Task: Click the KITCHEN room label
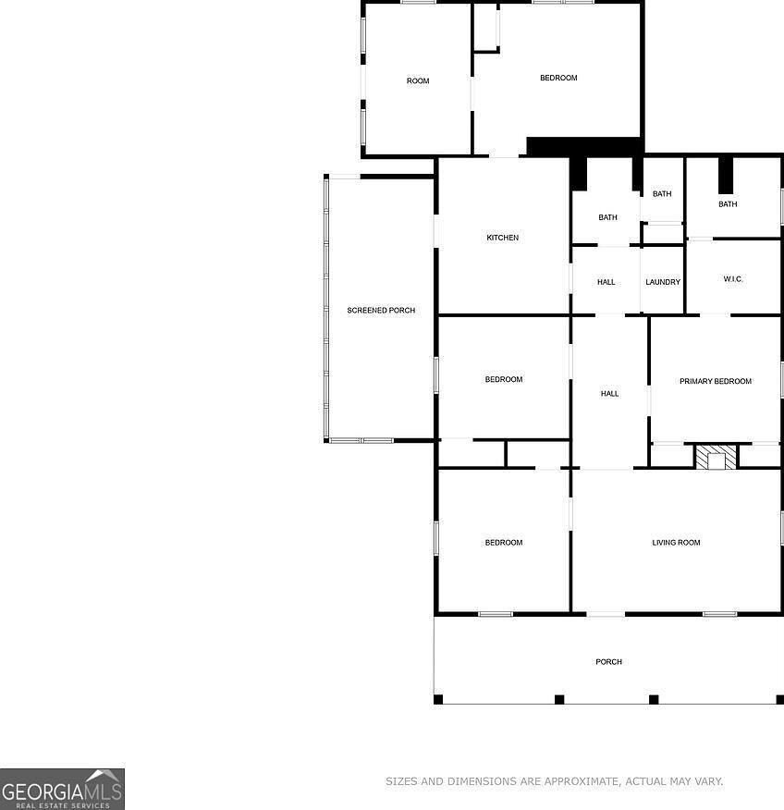coord(502,238)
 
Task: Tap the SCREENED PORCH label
coord(381,311)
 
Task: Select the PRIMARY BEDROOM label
coord(715,381)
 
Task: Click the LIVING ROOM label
coord(676,543)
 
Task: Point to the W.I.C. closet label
coord(733,279)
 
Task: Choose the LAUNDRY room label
coord(662,282)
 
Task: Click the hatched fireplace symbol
coord(716,457)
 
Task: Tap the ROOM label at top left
coord(418,81)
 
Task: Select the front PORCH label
coord(608,662)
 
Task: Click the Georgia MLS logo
coord(62,789)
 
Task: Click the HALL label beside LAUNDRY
coord(606,282)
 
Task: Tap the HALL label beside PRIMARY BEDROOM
coord(609,394)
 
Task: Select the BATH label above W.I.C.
coord(728,204)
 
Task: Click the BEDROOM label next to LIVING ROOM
coord(503,543)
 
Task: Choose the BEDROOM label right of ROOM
coord(558,78)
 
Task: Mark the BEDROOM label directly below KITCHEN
coord(503,379)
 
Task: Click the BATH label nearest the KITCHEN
coord(607,218)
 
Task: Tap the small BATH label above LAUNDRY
coord(662,194)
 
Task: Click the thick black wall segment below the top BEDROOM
coord(584,146)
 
